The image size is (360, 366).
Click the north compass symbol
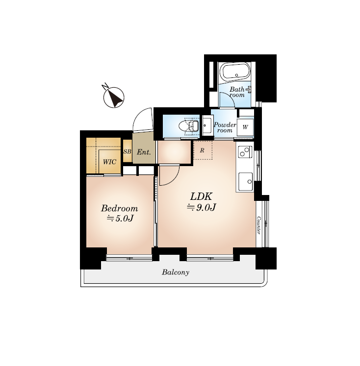coord(114,98)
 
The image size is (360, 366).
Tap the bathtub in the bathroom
coord(236,72)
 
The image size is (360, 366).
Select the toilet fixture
coord(188,127)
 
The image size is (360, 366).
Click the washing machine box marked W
coord(245,127)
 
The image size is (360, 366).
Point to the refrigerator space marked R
coord(203,150)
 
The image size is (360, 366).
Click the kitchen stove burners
coord(245,152)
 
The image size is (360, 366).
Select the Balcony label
coord(176,272)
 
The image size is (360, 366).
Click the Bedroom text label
coord(119,208)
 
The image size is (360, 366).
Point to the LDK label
coord(201,196)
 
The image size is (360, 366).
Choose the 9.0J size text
coord(202,207)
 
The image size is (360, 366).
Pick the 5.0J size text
coord(120,219)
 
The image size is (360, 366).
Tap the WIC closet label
coord(109,162)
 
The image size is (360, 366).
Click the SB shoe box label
coord(128,151)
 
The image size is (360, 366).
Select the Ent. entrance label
coord(144,152)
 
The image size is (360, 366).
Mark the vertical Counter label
coord(258,225)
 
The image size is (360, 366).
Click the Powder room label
coord(225,127)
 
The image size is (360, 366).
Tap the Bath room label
coord(237,92)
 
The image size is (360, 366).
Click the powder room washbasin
coord(206,125)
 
